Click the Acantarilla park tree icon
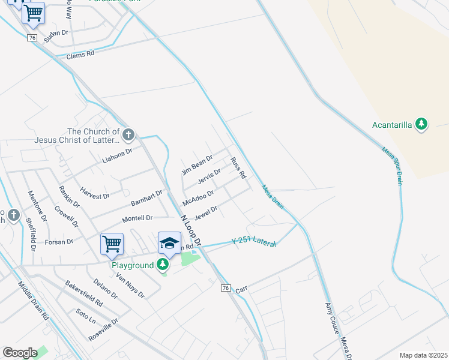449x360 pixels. [x=422, y=124]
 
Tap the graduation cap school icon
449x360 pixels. [x=169, y=243]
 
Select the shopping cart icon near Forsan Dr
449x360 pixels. [x=112, y=244]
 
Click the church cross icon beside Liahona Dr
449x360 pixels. [x=128, y=133]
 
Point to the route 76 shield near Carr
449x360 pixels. [x=225, y=288]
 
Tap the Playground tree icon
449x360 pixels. [x=163, y=264]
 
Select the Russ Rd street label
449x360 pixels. [x=238, y=167]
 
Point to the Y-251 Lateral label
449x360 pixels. [x=254, y=243]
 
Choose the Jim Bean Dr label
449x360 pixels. [x=197, y=165]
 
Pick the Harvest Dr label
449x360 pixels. [x=95, y=192]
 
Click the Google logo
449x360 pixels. [x=20, y=353]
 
